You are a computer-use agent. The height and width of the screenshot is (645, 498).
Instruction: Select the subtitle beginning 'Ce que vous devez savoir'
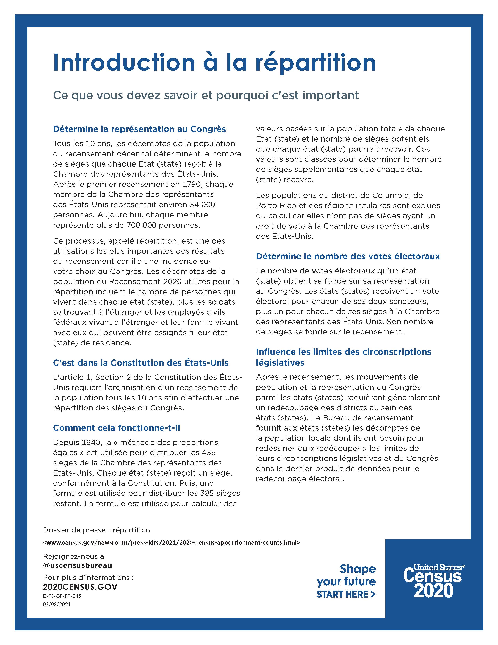(x=206, y=95)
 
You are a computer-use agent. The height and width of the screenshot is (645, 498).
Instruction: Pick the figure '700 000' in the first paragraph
(x=142, y=225)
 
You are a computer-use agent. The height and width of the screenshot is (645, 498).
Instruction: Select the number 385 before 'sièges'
(x=209, y=493)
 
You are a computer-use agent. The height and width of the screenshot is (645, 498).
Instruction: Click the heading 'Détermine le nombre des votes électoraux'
(x=348, y=256)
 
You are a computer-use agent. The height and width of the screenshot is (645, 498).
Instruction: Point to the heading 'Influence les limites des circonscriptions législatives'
(x=343, y=357)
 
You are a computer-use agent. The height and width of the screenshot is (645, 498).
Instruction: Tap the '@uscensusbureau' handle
(x=77, y=565)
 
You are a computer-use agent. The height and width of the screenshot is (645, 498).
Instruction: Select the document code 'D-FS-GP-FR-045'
(x=62, y=596)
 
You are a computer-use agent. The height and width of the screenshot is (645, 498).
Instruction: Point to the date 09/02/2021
(x=57, y=604)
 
